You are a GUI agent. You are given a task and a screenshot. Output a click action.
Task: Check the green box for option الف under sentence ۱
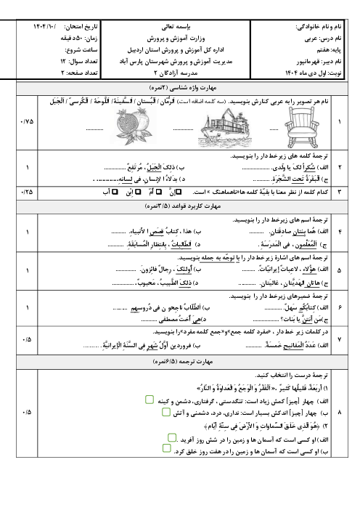148,400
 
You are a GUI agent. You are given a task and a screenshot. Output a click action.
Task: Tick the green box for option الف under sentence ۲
172,438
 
